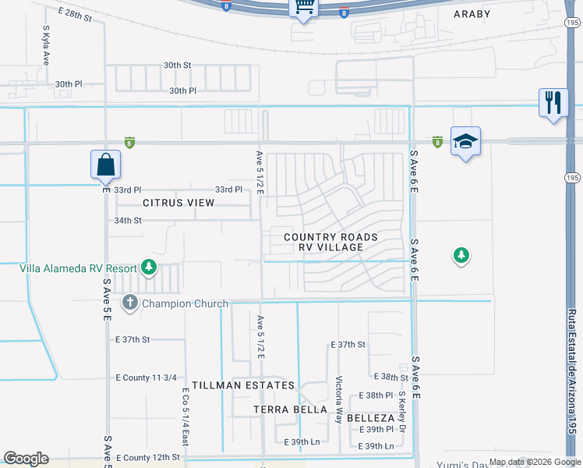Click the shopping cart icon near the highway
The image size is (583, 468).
tap(304, 7)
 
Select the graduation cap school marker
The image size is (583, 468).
tap(465, 141)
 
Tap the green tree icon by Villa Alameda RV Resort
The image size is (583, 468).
tap(148, 268)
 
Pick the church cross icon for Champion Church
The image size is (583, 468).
tap(129, 303)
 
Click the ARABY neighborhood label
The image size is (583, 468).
tap(473, 13)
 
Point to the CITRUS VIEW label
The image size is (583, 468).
tap(178, 203)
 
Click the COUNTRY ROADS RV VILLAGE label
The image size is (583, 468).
tap(330, 242)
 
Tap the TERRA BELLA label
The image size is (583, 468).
tap(290, 409)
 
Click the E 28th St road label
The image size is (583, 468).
tap(75, 15)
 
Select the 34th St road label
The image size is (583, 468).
tap(128, 221)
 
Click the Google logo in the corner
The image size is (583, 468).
tap(26, 459)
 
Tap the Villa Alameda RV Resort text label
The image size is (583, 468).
tap(78, 268)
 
